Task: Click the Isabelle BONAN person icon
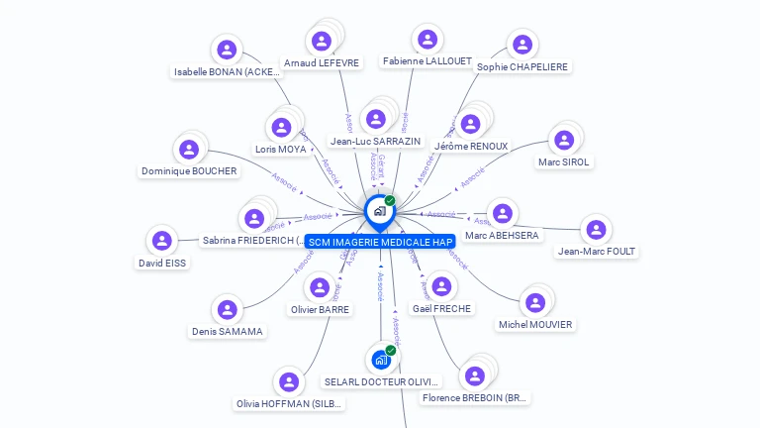coord(227,50)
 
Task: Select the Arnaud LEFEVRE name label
coord(323,62)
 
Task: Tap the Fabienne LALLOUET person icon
coord(427,40)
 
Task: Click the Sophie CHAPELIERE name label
coord(522,66)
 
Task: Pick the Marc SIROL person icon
coord(563,140)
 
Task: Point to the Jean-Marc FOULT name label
coord(597,251)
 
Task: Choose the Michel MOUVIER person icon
coord(535,302)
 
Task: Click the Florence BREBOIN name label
coord(475,398)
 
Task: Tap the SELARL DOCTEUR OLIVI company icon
coord(380,360)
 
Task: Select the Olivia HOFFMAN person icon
coord(288,381)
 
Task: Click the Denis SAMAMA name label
coord(228,331)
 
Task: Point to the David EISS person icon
coord(161,241)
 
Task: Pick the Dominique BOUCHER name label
coord(189,170)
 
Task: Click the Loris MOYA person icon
coord(281,127)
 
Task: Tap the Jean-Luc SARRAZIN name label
coord(375,143)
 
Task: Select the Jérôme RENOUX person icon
coord(470,124)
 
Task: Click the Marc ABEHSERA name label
coord(502,235)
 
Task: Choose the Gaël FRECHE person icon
coord(442,286)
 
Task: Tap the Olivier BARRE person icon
coord(320,287)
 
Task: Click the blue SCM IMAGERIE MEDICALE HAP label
coord(380,242)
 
